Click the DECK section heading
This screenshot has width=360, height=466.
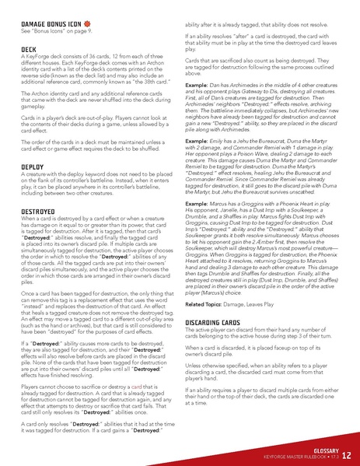pyautogui.click(x=30, y=48)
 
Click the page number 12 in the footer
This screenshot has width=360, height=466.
pyautogui.click(x=346, y=455)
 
